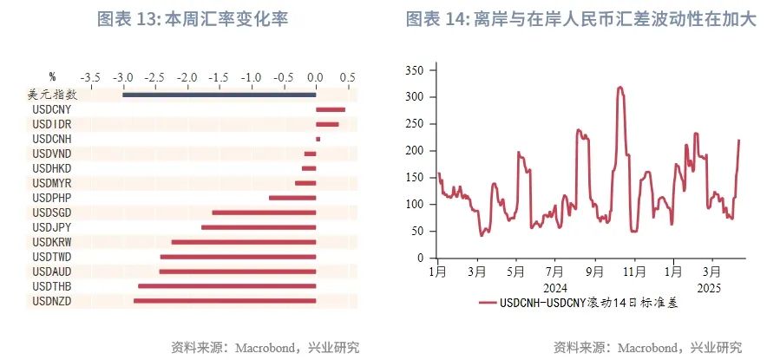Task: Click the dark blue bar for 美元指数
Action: coord(219,95)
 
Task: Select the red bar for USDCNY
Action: coord(331,109)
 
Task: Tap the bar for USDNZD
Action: coord(224,300)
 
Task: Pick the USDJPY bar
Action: coord(258,227)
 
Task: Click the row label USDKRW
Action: coord(51,242)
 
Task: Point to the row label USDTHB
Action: coord(51,285)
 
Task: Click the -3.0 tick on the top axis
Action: coord(123,76)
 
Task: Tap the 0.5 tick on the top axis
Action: coord(347,76)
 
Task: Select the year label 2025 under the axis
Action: coord(709,287)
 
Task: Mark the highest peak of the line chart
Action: coord(619,87)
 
